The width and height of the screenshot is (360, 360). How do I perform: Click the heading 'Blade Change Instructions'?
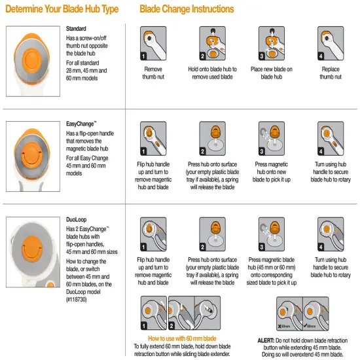tap(187, 9)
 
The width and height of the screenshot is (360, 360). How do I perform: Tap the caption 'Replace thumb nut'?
tap(331, 72)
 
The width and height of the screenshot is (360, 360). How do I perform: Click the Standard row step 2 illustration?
tap(213, 44)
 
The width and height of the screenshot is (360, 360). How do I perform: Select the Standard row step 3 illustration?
tap(272, 44)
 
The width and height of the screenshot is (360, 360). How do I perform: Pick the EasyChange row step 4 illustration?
tap(331, 138)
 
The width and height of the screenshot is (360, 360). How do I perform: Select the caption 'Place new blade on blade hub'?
tap(272, 72)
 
